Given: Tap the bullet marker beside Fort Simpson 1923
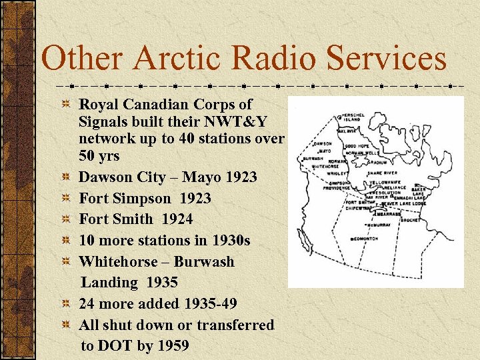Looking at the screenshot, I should click(66, 199).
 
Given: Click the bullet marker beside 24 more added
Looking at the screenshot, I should click(66, 304).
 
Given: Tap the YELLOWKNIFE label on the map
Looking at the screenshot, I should click(385, 181).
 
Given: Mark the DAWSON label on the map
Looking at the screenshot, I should click(323, 143).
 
